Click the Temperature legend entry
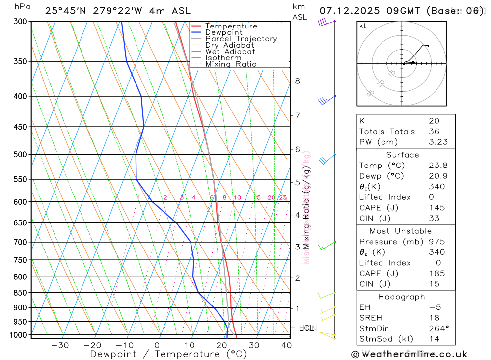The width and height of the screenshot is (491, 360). (x=231, y=26)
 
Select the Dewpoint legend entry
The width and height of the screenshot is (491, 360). (x=223, y=32)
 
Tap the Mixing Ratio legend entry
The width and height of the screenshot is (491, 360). (x=231, y=64)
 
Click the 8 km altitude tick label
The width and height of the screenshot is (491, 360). (x=297, y=81)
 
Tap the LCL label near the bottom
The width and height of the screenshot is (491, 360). (x=306, y=328)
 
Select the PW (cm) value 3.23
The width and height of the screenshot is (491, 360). (x=436, y=142)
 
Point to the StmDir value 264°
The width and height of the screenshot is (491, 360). (x=436, y=328)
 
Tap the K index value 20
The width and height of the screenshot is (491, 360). (x=434, y=121)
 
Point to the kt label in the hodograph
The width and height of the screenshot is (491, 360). (x=363, y=26)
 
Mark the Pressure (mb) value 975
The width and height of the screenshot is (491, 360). (x=436, y=242)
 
